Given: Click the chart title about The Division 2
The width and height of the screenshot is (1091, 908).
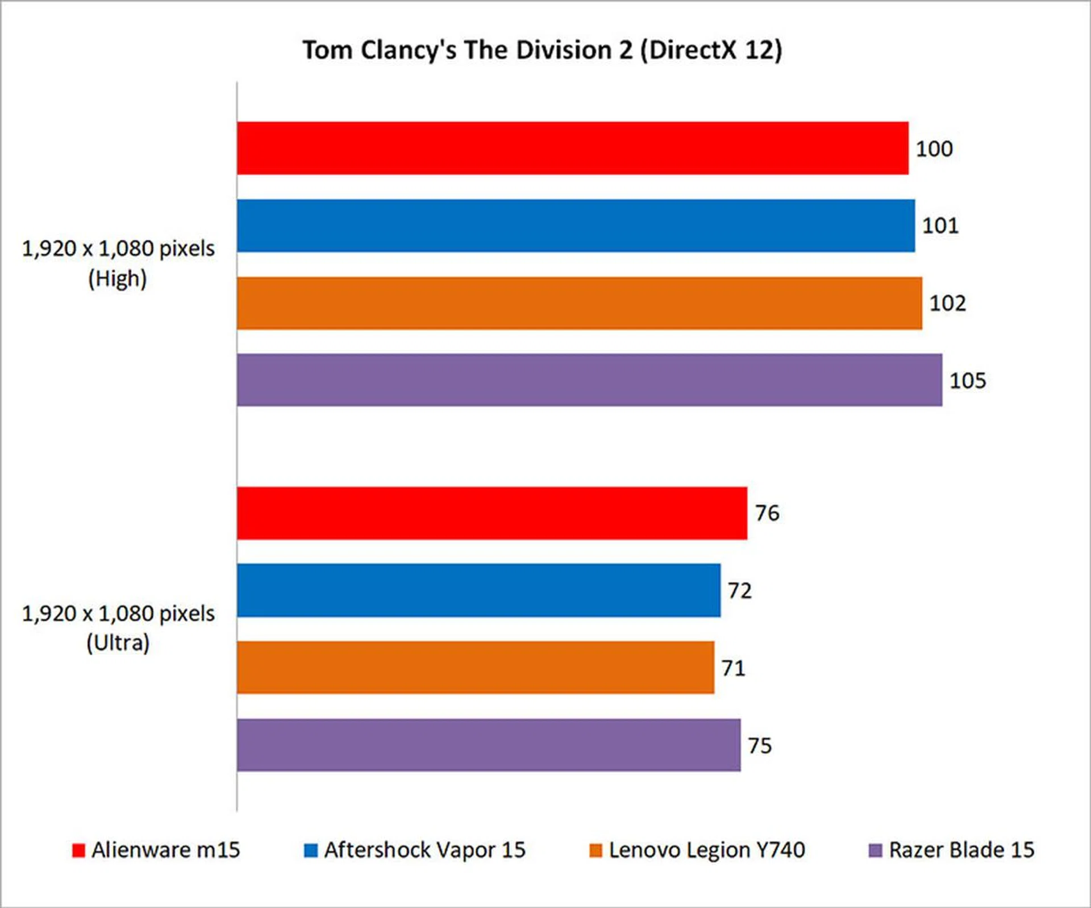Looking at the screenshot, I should (542, 50).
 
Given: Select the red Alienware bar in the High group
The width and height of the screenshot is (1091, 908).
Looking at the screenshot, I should (572, 148).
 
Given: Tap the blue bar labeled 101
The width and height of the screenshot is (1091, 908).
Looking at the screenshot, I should (576, 226).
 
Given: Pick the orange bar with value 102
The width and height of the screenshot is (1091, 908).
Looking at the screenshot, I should (579, 303).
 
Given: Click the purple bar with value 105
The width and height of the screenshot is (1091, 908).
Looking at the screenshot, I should (589, 380).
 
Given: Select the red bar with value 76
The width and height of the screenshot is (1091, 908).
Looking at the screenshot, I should (492, 513).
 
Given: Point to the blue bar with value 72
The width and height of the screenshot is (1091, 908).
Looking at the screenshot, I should (478, 590).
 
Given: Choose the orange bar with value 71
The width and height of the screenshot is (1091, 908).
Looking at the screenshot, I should (475, 668).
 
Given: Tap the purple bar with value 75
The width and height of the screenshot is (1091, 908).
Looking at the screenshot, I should (489, 745).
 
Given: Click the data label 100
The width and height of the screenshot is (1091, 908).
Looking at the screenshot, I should (934, 149).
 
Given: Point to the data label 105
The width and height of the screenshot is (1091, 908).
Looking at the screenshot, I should (967, 381).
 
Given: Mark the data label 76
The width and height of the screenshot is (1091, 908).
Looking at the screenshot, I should (767, 513).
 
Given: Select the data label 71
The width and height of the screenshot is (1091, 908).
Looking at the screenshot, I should (733, 668).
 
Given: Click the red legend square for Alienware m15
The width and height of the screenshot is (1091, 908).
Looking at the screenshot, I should (78, 850).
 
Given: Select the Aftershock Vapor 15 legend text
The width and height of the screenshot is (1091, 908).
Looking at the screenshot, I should (424, 850).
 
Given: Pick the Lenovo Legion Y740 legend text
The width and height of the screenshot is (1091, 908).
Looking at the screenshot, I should (707, 850).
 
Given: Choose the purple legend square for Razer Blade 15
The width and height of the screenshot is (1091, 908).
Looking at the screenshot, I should (876, 850).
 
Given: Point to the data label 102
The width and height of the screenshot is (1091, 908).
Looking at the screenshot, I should (947, 303).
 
